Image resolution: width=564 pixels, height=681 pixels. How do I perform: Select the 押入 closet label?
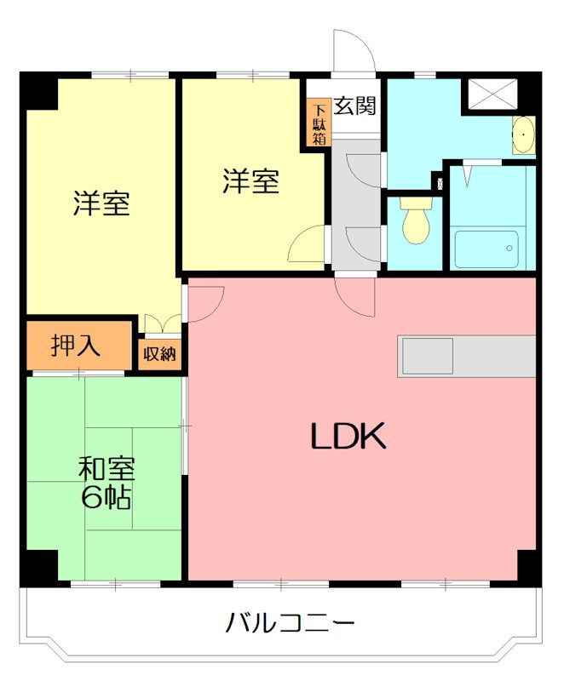(77, 346)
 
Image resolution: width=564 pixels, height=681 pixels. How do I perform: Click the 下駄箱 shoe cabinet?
(319, 124)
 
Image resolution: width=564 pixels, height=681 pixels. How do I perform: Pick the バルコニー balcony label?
(290, 623)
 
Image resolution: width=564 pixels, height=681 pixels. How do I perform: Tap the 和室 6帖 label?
(106, 482)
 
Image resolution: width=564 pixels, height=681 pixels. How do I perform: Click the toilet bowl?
(417, 222)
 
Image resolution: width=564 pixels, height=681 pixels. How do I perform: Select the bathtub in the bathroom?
(486, 249)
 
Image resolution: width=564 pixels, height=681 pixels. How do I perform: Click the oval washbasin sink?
(524, 135)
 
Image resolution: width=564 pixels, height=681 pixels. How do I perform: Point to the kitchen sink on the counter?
(428, 356)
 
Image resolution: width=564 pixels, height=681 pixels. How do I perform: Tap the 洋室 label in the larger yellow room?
(101, 204)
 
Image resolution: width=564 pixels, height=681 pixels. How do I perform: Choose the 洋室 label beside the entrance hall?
(251, 181)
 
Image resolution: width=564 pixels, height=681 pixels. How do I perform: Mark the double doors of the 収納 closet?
(159, 324)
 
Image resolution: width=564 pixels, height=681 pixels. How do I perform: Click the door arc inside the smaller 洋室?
(306, 245)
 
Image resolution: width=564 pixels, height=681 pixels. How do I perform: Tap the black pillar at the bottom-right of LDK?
(528, 565)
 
